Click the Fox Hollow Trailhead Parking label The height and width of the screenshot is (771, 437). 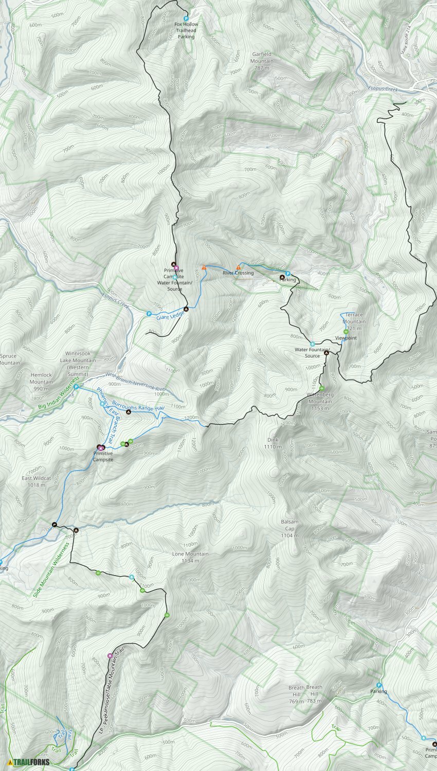[186, 30]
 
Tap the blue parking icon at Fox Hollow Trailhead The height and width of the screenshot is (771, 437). [186, 18]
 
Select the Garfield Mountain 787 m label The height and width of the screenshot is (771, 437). [262, 61]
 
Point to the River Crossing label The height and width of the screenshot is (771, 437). [238, 273]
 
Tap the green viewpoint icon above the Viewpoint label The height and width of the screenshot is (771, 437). [346, 331]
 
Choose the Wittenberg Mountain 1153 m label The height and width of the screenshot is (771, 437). [320, 401]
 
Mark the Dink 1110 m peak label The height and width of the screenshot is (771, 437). [273, 443]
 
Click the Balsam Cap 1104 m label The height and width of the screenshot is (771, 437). [289, 528]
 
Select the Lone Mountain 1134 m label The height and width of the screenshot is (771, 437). [190, 557]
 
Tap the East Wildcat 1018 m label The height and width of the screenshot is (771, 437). [37, 481]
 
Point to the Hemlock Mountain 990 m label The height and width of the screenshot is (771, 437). [41, 382]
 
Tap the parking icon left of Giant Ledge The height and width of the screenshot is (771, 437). [149, 313]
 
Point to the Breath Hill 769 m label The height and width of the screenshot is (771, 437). [296, 694]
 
